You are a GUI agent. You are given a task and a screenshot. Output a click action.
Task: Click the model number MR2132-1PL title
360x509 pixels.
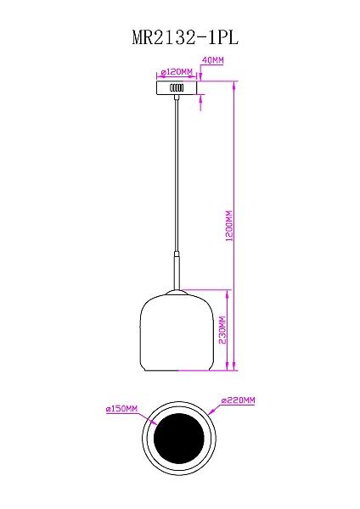[180, 37]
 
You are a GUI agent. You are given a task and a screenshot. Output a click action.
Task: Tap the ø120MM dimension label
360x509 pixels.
[177, 71]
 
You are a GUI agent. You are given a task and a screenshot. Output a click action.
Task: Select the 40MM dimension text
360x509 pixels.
[212, 61]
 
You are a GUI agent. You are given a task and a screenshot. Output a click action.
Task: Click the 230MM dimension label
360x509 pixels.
[222, 331]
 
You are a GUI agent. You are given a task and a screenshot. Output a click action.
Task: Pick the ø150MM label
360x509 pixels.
[121, 409]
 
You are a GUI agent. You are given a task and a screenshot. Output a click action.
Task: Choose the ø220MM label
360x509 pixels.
[238, 400]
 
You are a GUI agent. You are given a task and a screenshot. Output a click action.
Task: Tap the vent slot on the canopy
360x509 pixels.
[177, 88]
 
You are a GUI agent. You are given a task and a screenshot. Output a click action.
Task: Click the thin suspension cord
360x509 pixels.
[177, 170]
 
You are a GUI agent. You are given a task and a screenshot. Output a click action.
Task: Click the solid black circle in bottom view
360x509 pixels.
[177, 439]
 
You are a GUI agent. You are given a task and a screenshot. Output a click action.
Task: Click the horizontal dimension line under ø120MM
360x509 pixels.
[177, 77]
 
